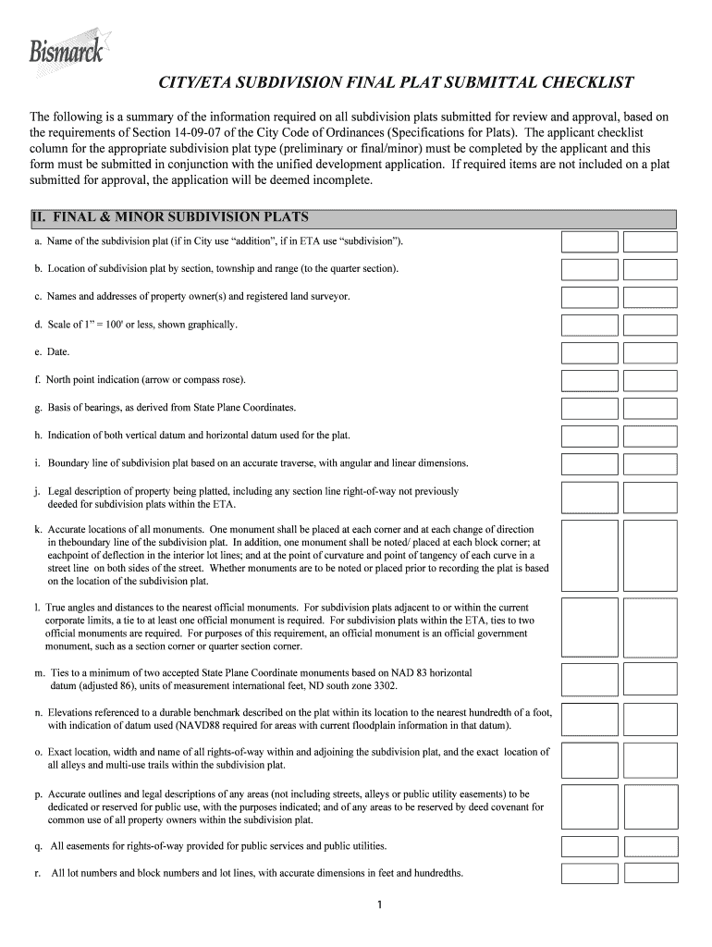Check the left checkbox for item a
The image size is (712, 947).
click(x=589, y=241)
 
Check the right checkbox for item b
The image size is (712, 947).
click(x=650, y=269)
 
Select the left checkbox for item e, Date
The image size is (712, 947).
click(x=589, y=352)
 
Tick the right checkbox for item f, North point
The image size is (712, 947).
click(x=650, y=380)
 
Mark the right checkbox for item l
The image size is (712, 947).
click(x=650, y=627)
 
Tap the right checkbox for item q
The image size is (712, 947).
click(x=650, y=846)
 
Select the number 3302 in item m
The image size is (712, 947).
click(x=382, y=686)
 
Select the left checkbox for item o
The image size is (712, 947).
click(x=589, y=758)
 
